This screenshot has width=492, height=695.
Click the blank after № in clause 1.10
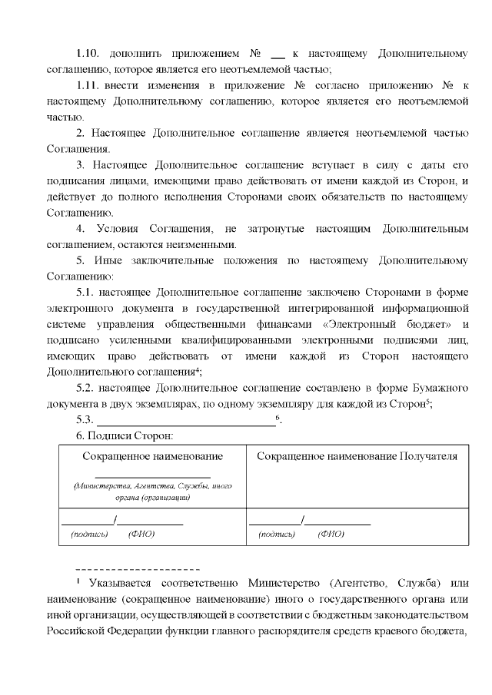click(278, 55)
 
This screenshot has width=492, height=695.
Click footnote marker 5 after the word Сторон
click(427, 402)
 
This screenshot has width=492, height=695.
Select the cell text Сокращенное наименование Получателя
click(357, 456)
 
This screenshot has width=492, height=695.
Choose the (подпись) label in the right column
click(277, 534)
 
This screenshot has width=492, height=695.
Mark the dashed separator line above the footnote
click(138, 570)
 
